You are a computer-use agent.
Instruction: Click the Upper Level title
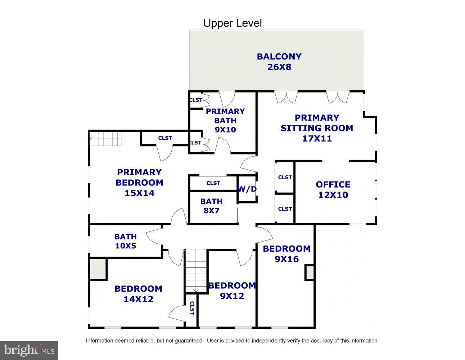click(x=232, y=23)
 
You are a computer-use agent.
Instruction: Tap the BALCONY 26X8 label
click(x=279, y=62)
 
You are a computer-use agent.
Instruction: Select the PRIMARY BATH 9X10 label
click(x=225, y=120)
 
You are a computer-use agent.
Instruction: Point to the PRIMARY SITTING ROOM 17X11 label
click(x=317, y=128)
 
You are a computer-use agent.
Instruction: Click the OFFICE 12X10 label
click(x=333, y=189)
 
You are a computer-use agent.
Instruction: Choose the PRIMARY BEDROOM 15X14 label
click(x=139, y=183)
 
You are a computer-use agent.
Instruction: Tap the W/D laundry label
click(x=247, y=189)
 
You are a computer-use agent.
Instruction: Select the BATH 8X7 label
click(x=211, y=206)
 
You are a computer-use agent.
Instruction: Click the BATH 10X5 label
click(x=125, y=241)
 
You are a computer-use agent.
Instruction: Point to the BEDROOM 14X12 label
click(x=139, y=294)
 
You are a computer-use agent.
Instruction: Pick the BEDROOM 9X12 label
click(x=232, y=291)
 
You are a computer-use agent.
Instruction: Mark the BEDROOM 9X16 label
click(x=286, y=253)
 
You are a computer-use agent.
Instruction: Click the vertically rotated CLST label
click(x=192, y=308)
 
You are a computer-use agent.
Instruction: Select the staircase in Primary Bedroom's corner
click(x=106, y=139)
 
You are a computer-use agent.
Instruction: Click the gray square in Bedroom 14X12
click(x=98, y=269)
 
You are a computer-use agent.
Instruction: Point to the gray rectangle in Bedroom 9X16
click(x=310, y=273)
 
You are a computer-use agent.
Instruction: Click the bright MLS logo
click(x=29, y=350)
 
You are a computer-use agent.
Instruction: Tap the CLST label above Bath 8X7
click(x=213, y=183)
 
